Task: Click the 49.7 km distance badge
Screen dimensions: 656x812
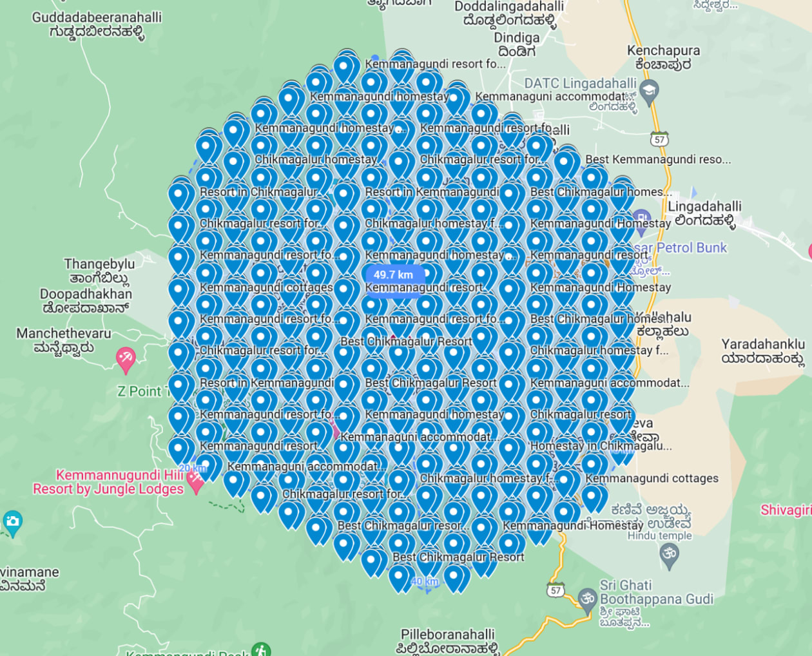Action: pyautogui.click(x=393, y=275)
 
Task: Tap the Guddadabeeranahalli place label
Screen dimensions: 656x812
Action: pyautogui.click(x=97, y=24)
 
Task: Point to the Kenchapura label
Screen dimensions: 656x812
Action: pyautogui.click(x=663, y=57)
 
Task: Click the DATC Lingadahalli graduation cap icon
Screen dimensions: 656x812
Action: pyautogui.click(x=650, y=90)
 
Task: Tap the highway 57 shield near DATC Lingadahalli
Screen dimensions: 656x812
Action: pyautogui.click(x=659, y=140)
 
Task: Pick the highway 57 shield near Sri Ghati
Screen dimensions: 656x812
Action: pyautogui.click(x=556, y=590)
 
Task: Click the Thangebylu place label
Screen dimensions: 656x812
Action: pyautogui.click(x=99, y=271)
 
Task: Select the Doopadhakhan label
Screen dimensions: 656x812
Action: pyautogui.click(x=86, y=301)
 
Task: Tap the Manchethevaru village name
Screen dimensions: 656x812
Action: pyautogui.click(x=64, y=340)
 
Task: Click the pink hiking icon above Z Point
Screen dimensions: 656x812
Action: pyautogui.click(x=126, y=358)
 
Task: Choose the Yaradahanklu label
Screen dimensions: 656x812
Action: pyautogui.click(x=763, y=351)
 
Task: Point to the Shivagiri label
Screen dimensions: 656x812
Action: pyautogui.click(x=786, y=510)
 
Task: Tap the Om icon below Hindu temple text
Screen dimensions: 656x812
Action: pyautogui.click(x=670, y=554)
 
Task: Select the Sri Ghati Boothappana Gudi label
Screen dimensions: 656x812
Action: pyautogui.click(x=656, y=593)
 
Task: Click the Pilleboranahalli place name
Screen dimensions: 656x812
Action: pyautogui.click(x=448, y=641)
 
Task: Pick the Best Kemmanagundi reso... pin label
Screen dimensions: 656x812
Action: pyautogui.click(x=658, y=160)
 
